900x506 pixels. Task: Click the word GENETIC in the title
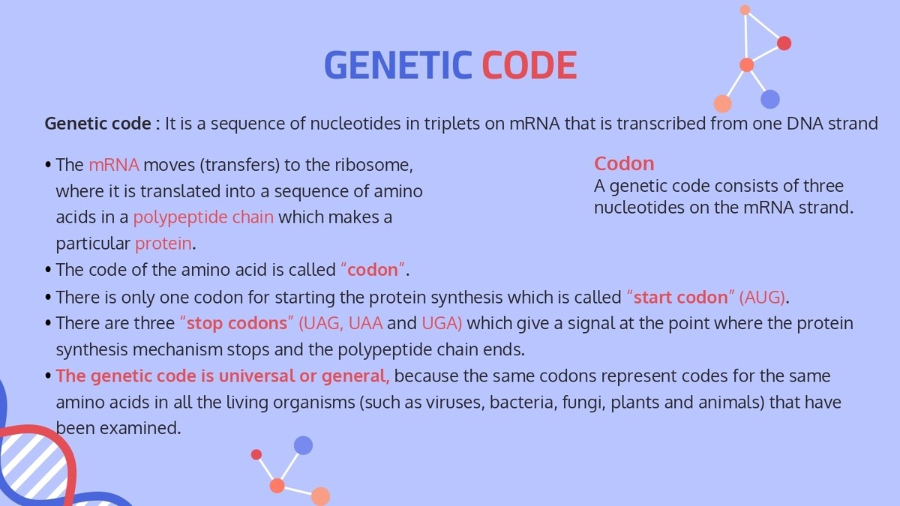point(397,66)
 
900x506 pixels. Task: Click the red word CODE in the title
point(529,66)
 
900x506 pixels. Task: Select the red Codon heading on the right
point(624,163)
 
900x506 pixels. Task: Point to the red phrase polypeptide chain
point(203,217)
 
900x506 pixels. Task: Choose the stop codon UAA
point(366,324)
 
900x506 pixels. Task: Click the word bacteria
point(520,403)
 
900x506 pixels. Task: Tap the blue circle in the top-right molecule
point(770,99)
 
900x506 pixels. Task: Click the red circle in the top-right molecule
point(784,43)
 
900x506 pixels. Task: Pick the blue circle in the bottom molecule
point(303,445)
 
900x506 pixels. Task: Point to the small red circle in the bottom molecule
point(256,454)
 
